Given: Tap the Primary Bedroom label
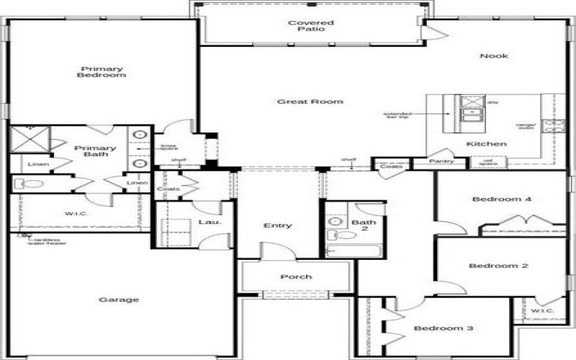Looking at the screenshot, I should (102, 72).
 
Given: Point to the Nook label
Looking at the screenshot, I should (495, 56).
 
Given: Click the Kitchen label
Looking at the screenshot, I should (486, 144).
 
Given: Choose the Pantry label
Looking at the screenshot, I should (441, 161).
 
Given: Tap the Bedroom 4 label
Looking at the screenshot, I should (501, 199).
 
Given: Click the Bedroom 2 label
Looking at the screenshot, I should (498, 266).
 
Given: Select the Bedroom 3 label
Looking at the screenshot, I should (443, 328).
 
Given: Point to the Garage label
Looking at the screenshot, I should (119, 300).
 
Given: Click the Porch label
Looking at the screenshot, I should (296, 276).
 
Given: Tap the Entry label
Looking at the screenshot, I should (277, 225).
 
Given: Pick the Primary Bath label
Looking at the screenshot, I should (95, 152).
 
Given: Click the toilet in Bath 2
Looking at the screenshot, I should (346, 235).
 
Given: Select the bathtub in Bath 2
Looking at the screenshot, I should (353, 251).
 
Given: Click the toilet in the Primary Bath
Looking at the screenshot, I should (32, 184).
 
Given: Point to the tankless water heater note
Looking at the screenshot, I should (43, 241).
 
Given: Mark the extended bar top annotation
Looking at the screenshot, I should (397, 116).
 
